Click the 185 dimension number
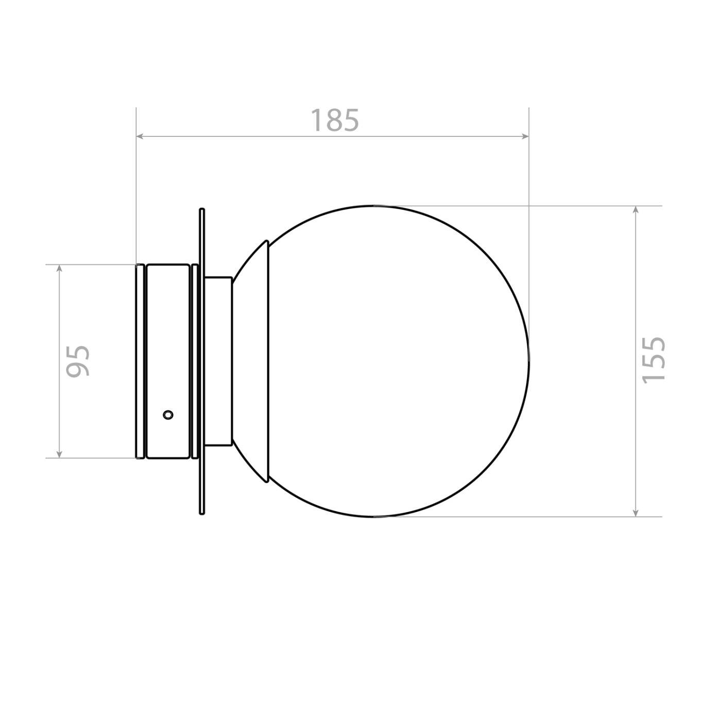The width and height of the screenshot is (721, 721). (335, 120)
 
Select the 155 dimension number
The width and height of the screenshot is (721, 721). (654, 360)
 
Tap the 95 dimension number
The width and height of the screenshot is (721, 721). (78, 360)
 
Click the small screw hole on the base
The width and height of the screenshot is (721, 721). (168, 415)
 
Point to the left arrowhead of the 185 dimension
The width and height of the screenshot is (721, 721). (141, 136)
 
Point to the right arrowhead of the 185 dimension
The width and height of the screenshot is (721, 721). (524, 136)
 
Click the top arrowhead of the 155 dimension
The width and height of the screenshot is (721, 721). (636, 211)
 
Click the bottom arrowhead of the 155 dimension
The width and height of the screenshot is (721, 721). (636, 512)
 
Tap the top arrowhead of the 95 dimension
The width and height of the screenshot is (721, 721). (59, 269)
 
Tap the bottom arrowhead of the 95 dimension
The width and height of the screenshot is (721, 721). (59, 453)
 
